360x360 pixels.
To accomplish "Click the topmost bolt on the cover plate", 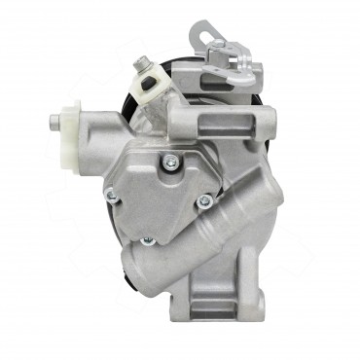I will [170, 161].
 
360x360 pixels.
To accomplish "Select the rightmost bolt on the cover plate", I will [204, 201].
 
